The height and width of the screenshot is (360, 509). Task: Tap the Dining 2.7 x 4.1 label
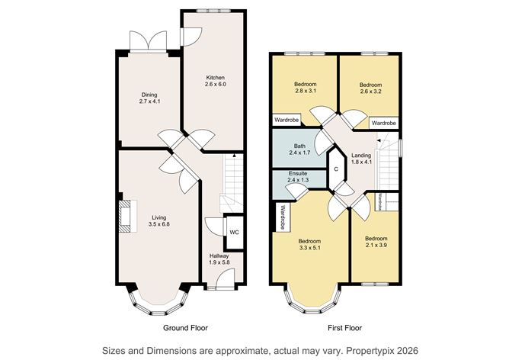[x=149, y=98]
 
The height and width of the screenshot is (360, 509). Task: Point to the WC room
[x=235, y=233]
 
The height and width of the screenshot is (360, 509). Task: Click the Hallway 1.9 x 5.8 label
[x=219, y=259]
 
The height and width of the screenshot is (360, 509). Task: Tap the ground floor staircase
[x=232, y=183]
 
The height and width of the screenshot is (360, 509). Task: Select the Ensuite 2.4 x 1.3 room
[x=298, y=178]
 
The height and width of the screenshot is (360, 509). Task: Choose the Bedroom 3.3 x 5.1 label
[x=310, y=244]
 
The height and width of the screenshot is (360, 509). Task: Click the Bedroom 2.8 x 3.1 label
[x=305, y=89]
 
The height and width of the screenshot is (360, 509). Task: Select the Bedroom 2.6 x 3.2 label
[x=370, y=89]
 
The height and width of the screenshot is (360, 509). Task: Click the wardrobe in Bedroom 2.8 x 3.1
[x=287, y=120]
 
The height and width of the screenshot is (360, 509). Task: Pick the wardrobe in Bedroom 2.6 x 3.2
[x=384, y=122]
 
